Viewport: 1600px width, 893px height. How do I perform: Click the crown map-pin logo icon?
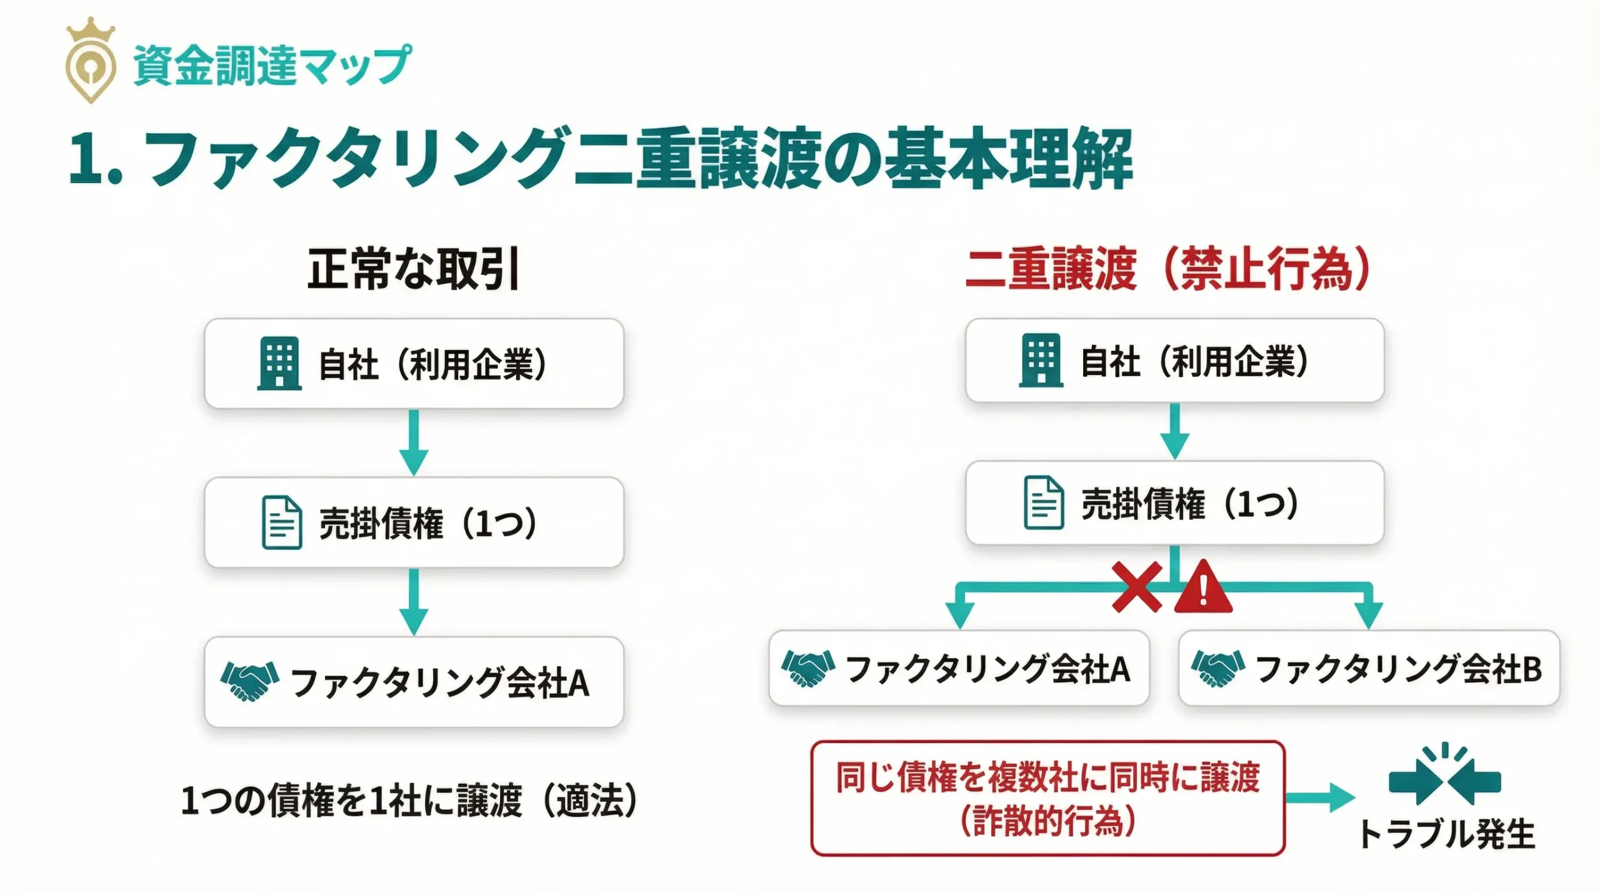pyautogui.click(x=91, y=61)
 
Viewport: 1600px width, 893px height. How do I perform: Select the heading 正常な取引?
pyautogui.click(x=413, y=269)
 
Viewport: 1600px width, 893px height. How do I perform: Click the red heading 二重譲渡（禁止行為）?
pyautogui.click(x=1167, y=269)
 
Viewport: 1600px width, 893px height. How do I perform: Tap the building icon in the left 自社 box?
pyautogui.click(x=279, y=363)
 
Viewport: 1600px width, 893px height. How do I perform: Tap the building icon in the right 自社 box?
pyautogui.click(x=1041, y=360)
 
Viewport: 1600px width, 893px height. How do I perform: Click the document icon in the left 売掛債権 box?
pyautogui.click(x=281, y=522)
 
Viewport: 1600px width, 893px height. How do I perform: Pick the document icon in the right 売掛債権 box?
pyautogui.click(x=1043, y=502)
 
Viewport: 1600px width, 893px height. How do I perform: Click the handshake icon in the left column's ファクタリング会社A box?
pyautogui.click(x=249, y=681)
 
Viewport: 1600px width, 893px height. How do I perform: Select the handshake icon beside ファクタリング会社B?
pyautogui.click(x=1217, y=668)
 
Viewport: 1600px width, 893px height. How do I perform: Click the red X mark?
pyautogui.click(x=1137, y=587)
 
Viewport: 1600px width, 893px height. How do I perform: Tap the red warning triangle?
pyautogui.click(x=1203, y=587)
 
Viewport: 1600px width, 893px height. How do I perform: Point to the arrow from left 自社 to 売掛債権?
pyautogui.click(x=414, y=442)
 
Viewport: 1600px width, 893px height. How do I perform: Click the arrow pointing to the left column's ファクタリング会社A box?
pyautogui.click(x=414, y=601)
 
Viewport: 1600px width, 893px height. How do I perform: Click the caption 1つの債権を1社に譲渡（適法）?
pyautogui.click(x=409, y=801)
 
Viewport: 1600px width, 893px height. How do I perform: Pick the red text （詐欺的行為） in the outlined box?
pyautogui.click(x=1047, y=821)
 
